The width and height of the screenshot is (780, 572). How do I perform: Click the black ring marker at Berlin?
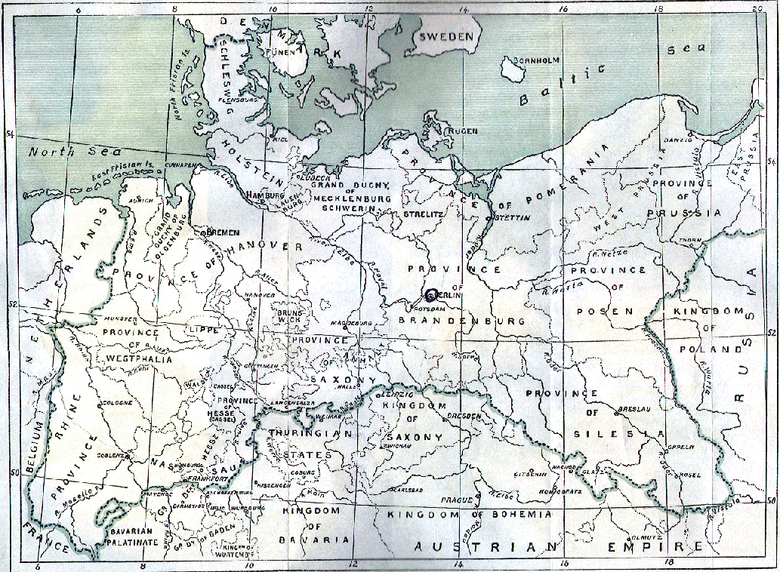432,295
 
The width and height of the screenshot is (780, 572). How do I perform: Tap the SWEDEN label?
446,36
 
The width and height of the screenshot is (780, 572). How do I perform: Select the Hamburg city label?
264,195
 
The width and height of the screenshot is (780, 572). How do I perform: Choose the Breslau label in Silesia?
630,410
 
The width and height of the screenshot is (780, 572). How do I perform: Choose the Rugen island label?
462,131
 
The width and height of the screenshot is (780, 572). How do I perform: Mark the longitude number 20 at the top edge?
757,9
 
